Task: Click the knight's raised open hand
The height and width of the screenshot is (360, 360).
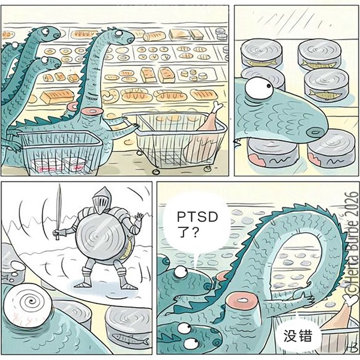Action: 139,217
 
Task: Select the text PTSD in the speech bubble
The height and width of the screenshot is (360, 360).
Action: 197,217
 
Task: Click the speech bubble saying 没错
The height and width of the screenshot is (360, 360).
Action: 298,336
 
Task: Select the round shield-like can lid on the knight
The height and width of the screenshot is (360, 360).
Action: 100,237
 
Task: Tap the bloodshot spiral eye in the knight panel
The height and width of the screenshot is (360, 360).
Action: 28,305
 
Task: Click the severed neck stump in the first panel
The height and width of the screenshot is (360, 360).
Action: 92,112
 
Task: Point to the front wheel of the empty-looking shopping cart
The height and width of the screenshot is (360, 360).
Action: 156,172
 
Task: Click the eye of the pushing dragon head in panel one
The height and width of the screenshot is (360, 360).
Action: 119,32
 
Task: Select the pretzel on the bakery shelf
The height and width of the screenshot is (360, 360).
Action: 110,95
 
